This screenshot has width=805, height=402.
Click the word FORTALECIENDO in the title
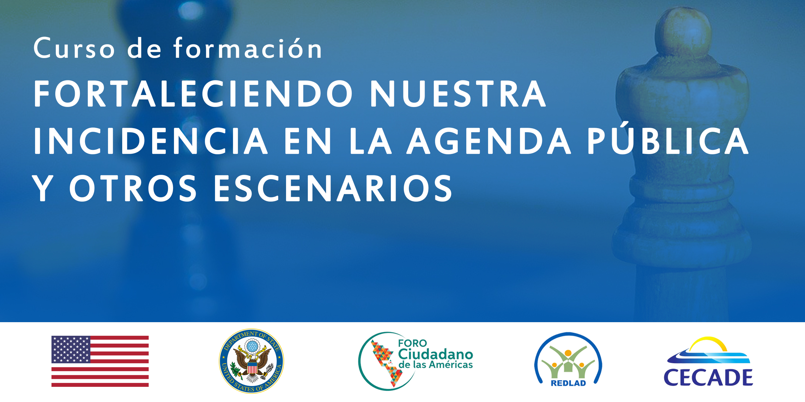pos(193,94)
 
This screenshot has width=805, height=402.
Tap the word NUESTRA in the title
pos(458,94)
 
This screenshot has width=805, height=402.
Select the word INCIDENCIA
pos(151,141)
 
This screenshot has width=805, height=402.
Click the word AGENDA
pos(489,141)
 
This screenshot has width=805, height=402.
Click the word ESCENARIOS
pos(333,188)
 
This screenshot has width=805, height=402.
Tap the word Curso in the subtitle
pos(74,48)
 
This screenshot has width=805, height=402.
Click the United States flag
pos(100,361)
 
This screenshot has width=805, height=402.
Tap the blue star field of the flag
pos(71,349)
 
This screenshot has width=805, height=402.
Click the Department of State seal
pos(252,361)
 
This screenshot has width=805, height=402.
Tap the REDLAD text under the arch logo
pos(568,383)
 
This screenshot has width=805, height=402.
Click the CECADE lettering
pos(708,377)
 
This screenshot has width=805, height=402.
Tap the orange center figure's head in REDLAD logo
pos(568,352)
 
